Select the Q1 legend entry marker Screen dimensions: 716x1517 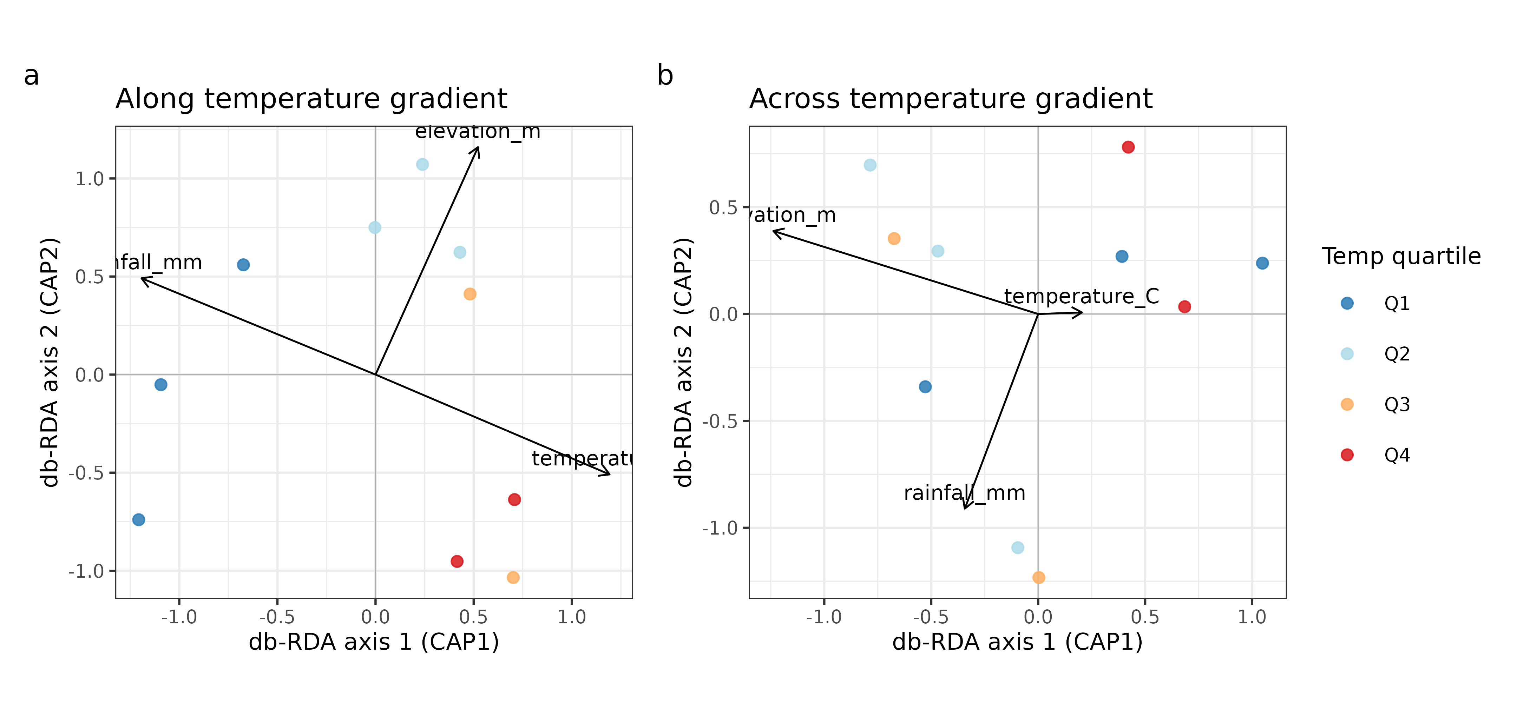point(1347,303)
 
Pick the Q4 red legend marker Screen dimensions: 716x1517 point(1347,455)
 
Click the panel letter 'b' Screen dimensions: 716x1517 point(665,76)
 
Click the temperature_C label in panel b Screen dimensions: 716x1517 point(1081,296)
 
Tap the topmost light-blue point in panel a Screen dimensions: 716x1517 point(422,164)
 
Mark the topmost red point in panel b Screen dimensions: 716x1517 point(1128,147)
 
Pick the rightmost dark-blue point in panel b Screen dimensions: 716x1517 point(1262,263)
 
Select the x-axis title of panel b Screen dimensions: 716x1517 point(1017,642)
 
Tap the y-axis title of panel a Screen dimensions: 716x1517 point(51,362)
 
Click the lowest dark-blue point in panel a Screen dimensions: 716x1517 point(138,519)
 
